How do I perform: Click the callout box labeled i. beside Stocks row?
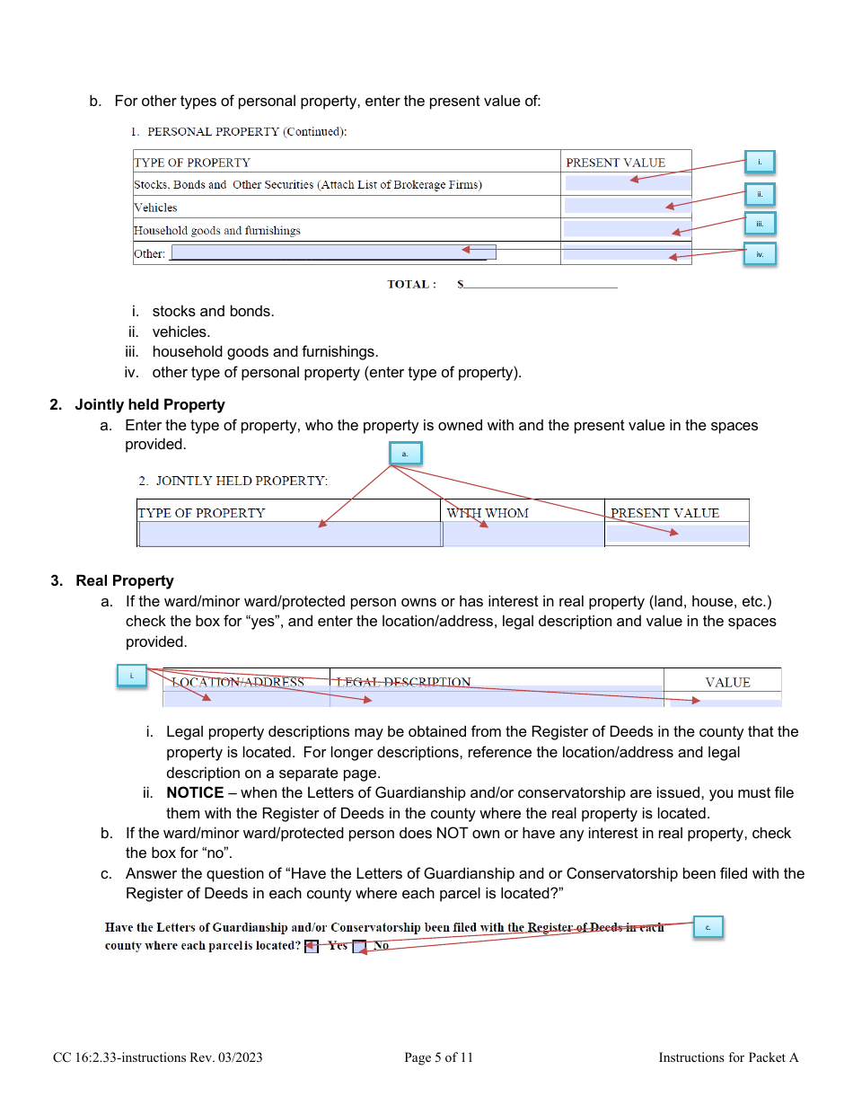(x=759, y=162)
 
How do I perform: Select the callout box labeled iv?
(x=760, y=254)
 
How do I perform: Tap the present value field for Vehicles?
(x=627, y=206)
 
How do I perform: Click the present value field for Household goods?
(x=627, y=229)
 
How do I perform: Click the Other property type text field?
(x=333, y=252)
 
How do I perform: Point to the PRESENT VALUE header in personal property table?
(x=615, y=163)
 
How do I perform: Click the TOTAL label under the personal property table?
(x=411, y=284)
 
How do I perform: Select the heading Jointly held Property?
(x=150, y=404)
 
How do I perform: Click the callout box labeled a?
(x=405, y=454)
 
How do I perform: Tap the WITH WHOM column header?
(x=488, y=513)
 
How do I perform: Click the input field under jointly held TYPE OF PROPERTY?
(x=290, y=535)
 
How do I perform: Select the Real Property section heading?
(x=125, y=580)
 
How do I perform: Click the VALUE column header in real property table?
(x=727, y=682)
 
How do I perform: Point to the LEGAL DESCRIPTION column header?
(x=403, y=682)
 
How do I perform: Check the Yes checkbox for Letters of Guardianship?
(x=312, y=946)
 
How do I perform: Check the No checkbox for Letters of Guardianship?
(x=359, y=946)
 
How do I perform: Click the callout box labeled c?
(x=708, y=926)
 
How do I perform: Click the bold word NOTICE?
(x=195, y=792)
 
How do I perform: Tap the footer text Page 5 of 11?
(x=438, y=1057)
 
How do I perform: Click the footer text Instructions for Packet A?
(x=728, y=1057)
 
